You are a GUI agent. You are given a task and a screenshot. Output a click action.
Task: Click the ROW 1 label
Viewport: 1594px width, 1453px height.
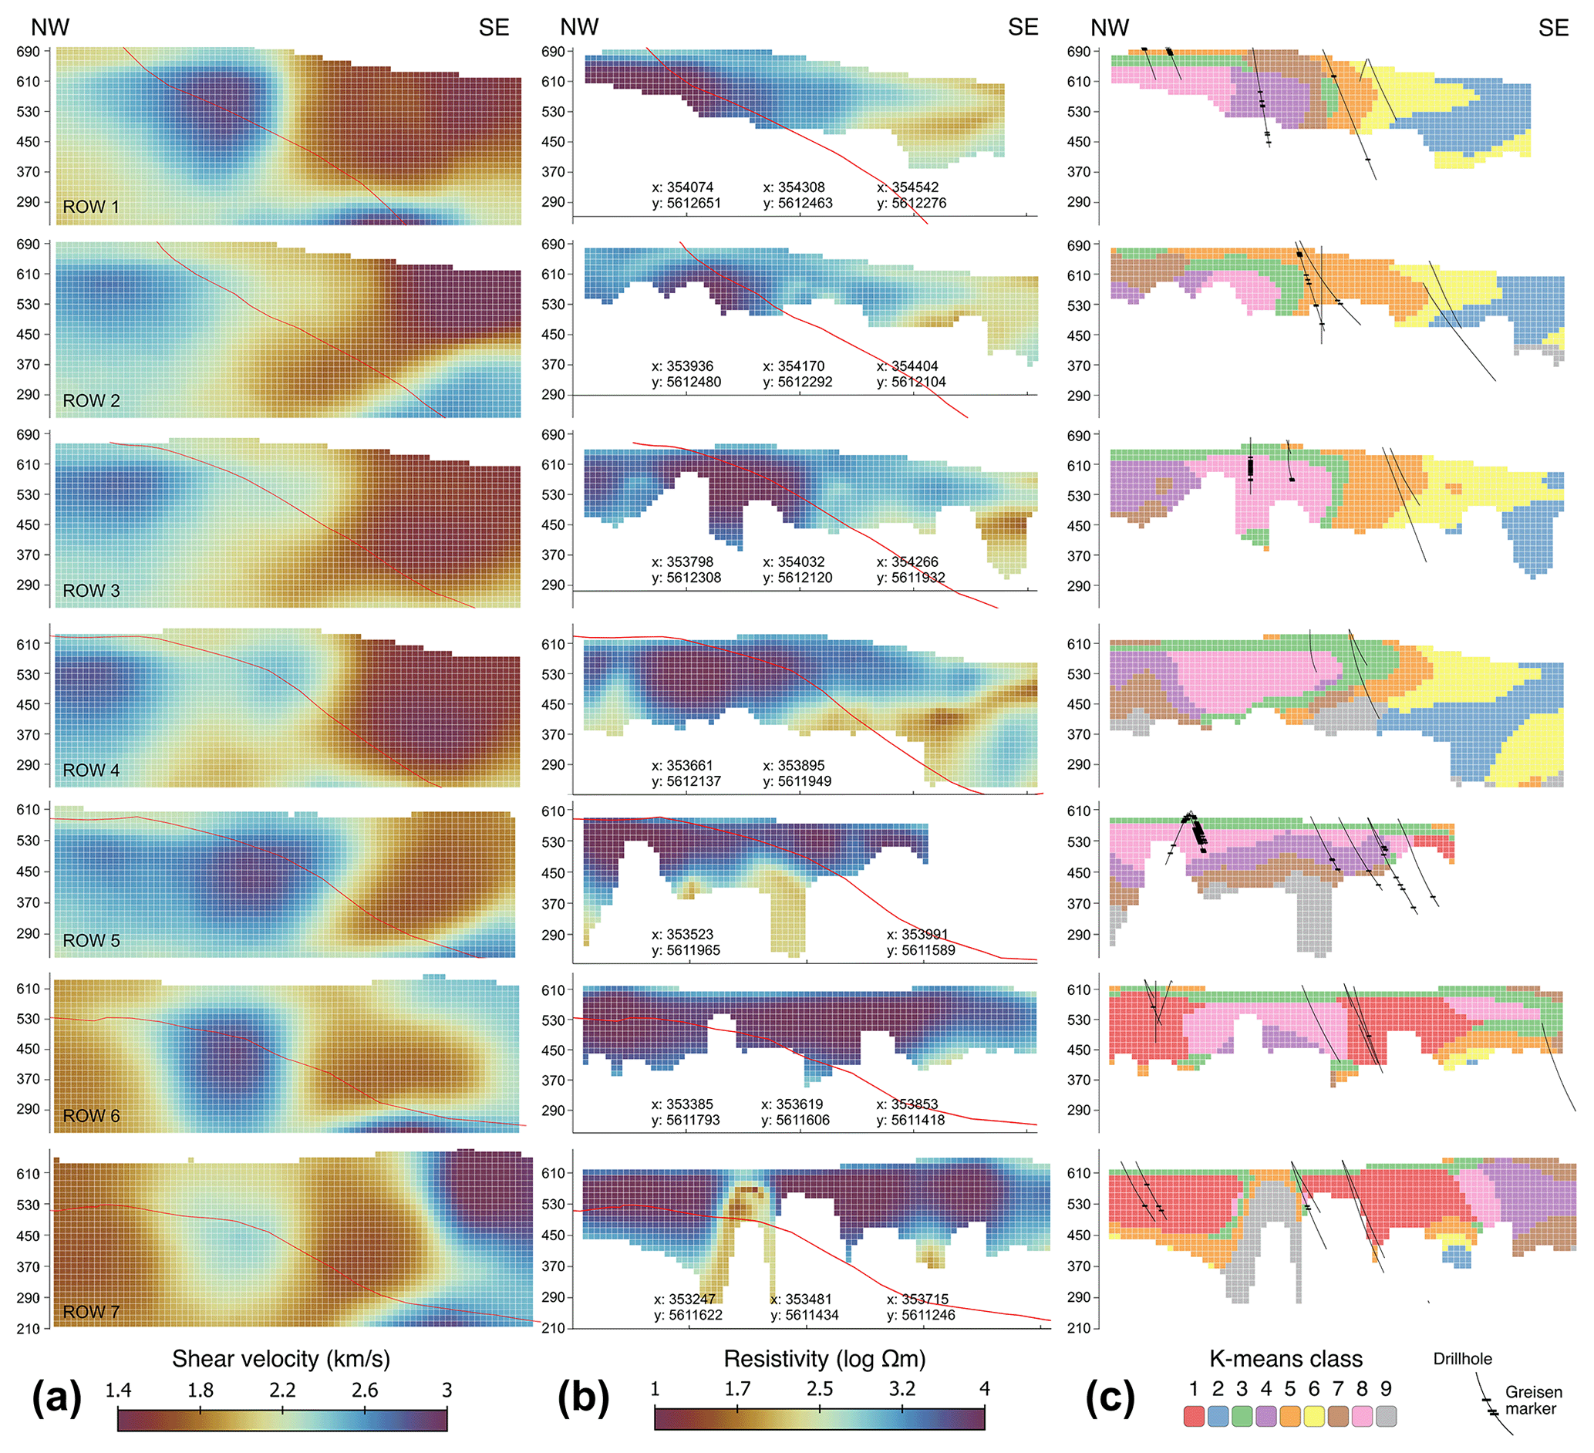click(91, 207)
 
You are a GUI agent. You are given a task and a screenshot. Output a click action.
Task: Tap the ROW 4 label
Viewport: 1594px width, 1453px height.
click(91, 770)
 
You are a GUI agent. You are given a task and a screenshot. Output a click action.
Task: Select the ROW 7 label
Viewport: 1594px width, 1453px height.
click(91, 1313)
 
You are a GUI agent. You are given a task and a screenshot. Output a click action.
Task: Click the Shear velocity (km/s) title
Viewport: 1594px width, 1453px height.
click(281, 1359)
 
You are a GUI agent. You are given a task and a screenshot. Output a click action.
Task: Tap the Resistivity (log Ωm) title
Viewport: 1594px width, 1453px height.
click(824, 1359)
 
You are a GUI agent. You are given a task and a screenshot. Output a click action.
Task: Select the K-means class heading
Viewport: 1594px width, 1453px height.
click(1286, 1359)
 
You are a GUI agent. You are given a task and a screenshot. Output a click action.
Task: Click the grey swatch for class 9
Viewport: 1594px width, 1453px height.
click(1386, 1417)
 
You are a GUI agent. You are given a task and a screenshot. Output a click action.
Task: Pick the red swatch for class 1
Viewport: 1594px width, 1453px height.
click(1194, 1417)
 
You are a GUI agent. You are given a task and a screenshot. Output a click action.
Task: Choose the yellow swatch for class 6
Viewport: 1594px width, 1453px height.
click(1314, 1417)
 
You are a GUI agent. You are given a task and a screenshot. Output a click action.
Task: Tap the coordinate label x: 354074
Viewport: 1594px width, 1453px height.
click(682, 187)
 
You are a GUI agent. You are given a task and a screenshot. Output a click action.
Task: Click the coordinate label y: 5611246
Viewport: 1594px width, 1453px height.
click(920, 1316)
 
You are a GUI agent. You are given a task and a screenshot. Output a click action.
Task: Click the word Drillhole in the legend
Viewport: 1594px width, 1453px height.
click(1463, 1359)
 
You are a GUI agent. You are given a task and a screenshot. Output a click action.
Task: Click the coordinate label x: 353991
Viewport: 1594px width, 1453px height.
click(916, 935)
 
